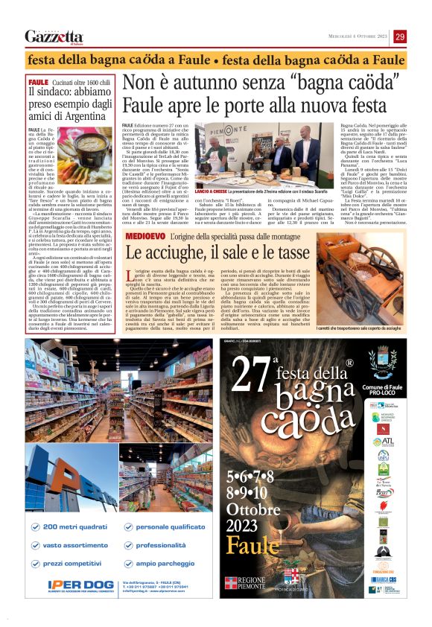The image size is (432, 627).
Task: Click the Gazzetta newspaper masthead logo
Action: coord(54,36)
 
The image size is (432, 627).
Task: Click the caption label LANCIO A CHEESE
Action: coord(212,192)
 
